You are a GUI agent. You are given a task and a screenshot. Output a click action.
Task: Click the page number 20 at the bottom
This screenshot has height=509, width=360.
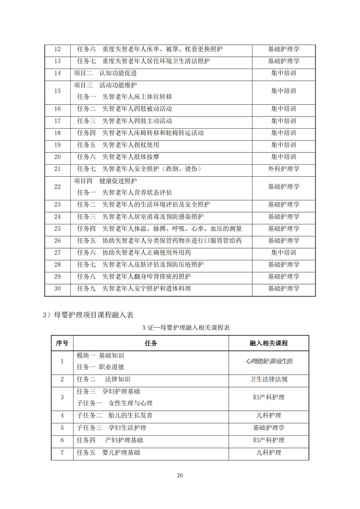[x=180, y=475]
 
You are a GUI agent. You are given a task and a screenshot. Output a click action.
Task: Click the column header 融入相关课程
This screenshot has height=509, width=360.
[x=269, y=343]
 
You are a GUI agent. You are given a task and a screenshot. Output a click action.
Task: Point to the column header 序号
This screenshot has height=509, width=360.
[x=62, y=343]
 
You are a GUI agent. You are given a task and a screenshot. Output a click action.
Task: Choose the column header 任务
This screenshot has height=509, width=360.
[x=151, y=343]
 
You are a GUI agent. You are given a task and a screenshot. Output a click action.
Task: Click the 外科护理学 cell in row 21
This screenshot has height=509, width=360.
[x=283, y=169]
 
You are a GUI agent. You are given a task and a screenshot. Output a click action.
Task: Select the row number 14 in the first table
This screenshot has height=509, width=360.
[x=58, y=73]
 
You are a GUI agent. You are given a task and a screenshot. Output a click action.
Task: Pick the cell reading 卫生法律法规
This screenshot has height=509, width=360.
[x=269, y=379]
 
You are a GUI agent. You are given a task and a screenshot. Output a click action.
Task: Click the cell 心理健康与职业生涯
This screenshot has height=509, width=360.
[x=269, y=361]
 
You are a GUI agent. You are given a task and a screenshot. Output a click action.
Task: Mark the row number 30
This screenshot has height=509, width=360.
[x=58, y=289]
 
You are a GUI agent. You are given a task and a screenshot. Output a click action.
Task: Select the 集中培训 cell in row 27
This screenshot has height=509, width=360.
[x=283, y=253]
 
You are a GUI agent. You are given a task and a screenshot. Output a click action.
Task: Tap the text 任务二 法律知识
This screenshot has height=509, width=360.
[x=105, y=379]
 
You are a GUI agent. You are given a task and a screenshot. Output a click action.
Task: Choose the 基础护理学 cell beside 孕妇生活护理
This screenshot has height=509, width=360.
[x=269, y=428]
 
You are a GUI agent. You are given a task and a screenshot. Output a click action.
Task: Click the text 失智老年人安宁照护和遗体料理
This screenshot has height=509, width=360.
[x=147, y=289]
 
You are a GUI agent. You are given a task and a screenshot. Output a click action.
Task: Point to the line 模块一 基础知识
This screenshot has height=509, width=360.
[x=100, y=355]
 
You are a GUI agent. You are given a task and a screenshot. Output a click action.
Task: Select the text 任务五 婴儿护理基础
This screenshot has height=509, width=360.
[x=108, y=452]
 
